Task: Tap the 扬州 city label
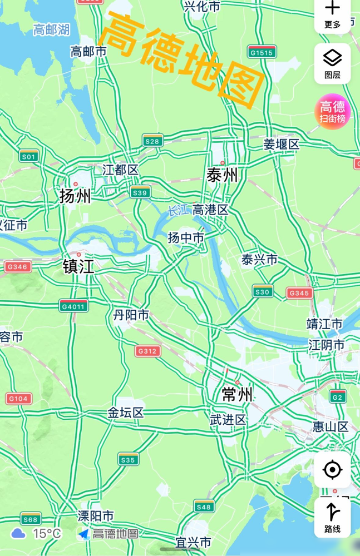[x=75, y=196]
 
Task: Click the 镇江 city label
[x=78, y=267]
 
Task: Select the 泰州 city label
[x=222, y=176]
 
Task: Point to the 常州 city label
[x=236, y=395]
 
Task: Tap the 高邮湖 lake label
[x=51, y=30]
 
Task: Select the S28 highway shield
[x=152, y=141]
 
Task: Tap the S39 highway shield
[x=141, y=193]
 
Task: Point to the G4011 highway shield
[x=74, y=306]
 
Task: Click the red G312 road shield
[x=147, y=351]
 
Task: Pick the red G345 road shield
[x=300, y=293]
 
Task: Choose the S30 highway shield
[x=262, y=292]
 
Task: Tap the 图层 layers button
[x=332, y=63]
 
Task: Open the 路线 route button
[x=332, y=518]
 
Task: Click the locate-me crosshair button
[x=332, y=470]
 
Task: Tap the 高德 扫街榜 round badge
[x=332, y=111]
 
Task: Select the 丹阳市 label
[x=131, y=315]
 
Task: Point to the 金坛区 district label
[x=126, y=413]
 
